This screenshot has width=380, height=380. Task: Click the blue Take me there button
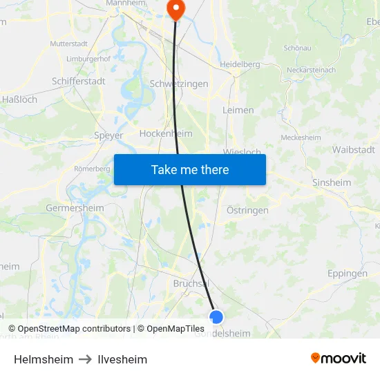(190, 169)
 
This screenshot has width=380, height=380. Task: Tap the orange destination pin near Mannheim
(175, 9)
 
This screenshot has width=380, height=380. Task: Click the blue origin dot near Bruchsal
(216, 317)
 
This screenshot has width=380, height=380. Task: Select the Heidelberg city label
(239, 64)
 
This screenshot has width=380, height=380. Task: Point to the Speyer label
(108, 135)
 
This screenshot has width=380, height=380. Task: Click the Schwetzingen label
(179, 84)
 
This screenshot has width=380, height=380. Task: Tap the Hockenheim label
(166, 133)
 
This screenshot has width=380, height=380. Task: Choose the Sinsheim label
(332, 182)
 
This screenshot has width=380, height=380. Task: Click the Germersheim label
(75, 207)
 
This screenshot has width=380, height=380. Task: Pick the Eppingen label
(348, 274)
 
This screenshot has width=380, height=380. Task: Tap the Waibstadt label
(353, 149)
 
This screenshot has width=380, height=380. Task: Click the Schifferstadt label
(79, 81)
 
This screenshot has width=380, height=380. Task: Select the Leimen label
(238, 110)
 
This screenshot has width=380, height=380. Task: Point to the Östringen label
(247, 210)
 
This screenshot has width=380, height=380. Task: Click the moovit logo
(339, 358)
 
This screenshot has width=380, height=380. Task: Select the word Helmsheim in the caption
(44, 359)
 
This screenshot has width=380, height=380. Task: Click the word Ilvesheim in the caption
(122, 359)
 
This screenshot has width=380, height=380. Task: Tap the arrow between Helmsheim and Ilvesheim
(86, 359)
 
